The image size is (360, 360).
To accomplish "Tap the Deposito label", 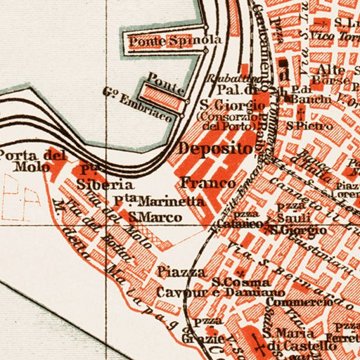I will (214, 148).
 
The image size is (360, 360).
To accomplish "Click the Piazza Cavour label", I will (181, 281).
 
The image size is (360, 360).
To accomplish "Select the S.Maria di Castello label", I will (290, 339).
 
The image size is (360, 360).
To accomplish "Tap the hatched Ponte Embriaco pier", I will (161, 96).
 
